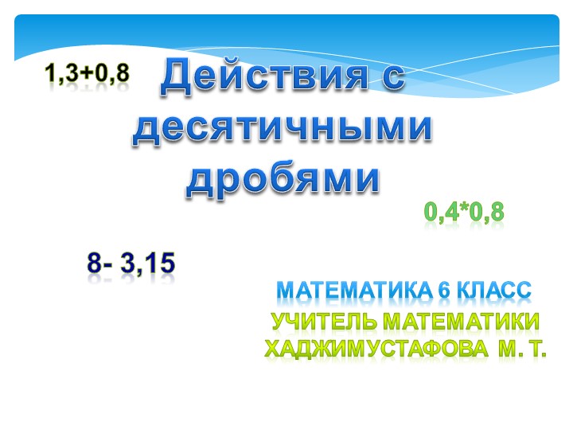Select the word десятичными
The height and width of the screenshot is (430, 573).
tap(283, 129)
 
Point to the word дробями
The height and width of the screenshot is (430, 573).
tap(283, 179)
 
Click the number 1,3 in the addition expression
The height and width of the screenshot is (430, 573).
tap(60, 74)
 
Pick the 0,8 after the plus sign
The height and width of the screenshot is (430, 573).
tap(111, 74)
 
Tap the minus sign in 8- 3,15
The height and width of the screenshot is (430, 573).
tap(108, 264)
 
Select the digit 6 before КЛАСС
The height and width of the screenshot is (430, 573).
tap(443, 291)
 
